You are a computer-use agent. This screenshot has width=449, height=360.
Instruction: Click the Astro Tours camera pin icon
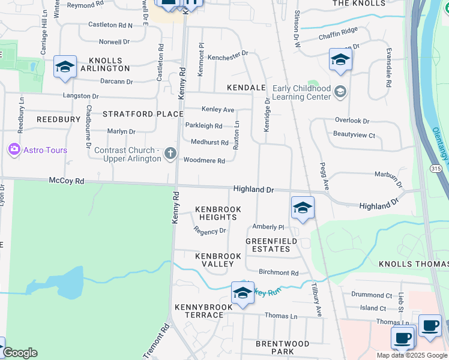tap(14, 149)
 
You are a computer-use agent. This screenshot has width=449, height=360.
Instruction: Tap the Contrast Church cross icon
tap(170, 154)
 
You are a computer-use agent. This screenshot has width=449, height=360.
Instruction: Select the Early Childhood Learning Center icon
tap(340, 92)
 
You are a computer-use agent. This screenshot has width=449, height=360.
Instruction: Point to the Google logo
tap(20, 353)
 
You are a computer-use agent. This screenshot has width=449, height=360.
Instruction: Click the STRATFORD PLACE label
tap(143, 113)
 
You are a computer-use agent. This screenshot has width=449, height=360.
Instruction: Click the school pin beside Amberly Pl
tap(303, 208)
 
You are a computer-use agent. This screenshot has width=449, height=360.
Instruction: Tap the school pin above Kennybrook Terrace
tap(243, 293)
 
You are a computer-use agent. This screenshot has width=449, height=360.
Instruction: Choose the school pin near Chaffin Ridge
tap(340, 59)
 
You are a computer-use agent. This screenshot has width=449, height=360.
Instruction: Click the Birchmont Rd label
tap(278, 272)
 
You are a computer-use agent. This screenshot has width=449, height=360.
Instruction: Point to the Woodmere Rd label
tap(204, 161)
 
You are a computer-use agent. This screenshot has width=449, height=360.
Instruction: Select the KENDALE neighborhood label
tap(246, 88)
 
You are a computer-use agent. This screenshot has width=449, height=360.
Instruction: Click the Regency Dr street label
tap(210, 230)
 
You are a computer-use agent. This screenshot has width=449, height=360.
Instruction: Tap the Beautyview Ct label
tap(354, 135)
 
